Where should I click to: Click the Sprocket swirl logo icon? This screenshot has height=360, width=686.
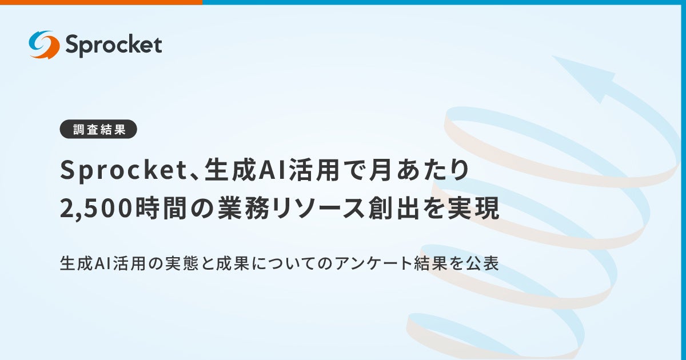(x=44, y=45)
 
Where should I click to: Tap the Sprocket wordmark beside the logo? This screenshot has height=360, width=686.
(x=113, y=45)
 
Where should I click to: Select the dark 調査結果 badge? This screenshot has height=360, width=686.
(x=98, y=129)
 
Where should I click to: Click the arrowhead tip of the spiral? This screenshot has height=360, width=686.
(x=557, y=60)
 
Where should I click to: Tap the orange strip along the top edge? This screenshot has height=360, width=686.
(x=101, y=2)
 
